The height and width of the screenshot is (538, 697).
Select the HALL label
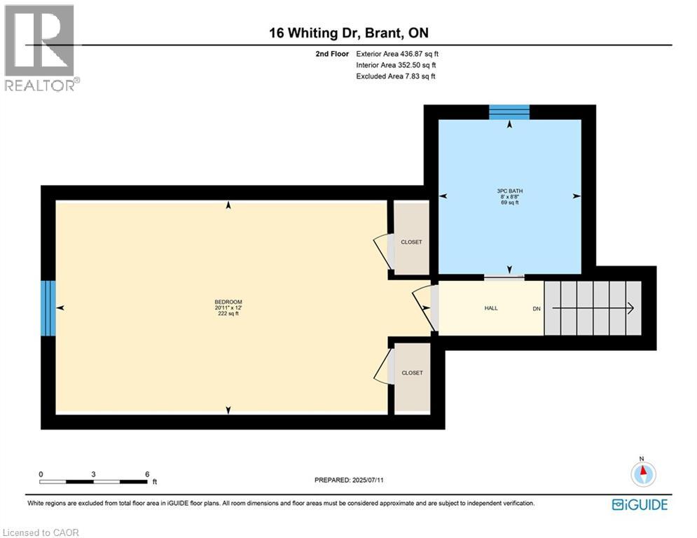[491, 308]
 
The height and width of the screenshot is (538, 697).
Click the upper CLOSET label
[411, 242]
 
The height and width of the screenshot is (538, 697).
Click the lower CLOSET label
[412, 373]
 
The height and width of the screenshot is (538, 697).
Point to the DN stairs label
[537, 308]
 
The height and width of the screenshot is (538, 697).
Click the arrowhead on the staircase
[630, 308]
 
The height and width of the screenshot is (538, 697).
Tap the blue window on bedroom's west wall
[48, 308]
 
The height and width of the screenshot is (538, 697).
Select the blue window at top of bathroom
[509, 112]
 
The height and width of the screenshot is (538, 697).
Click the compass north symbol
[642, 474]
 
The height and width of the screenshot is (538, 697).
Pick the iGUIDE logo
[640, 504]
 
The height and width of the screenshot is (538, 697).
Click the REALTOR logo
[41, 48]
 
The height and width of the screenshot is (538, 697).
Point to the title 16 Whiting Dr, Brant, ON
[348, 33]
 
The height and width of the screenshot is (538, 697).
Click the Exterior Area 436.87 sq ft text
[396, 54]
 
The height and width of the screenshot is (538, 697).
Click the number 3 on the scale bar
[93, 474]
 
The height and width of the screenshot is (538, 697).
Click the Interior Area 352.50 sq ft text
[396, 65]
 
